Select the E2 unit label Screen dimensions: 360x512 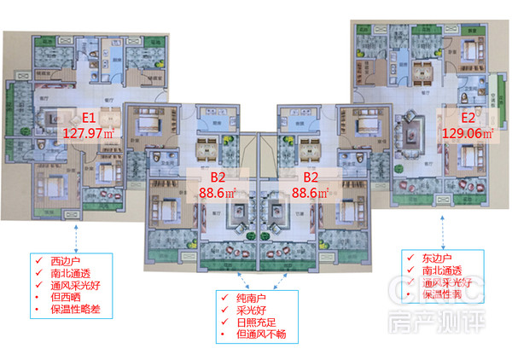coord(468,119)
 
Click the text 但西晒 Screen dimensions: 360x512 coord(63,298)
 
